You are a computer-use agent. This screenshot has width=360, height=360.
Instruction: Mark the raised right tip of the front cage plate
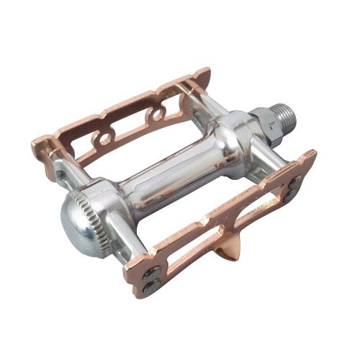coord(311,154)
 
